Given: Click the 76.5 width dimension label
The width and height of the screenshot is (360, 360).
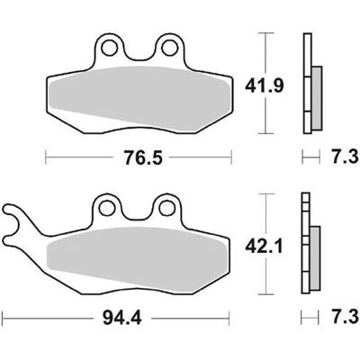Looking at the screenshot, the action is (x=143, y=158).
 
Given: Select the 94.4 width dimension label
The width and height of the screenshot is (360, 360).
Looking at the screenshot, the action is (x=121, y=209).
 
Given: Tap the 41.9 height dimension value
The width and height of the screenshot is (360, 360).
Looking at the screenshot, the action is (x=264, y=86).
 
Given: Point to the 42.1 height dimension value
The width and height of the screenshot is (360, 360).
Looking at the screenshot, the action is (x=264, y=247).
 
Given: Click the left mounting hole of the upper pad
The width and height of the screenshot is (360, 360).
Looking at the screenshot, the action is (x=109, y=48).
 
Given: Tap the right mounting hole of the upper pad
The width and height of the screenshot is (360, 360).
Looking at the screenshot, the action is (x=169, y=48).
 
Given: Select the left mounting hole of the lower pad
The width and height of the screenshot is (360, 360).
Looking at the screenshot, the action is (x=107, y=208).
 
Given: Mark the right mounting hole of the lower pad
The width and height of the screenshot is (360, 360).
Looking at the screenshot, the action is (x=166, y=208).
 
